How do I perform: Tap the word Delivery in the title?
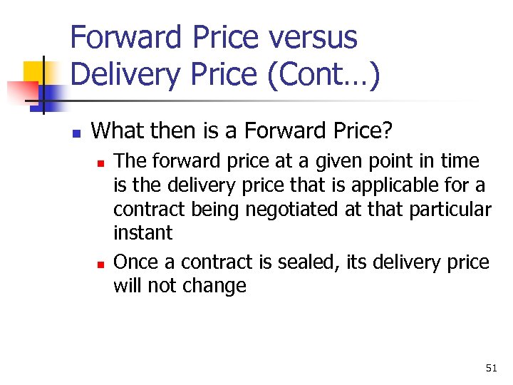121,75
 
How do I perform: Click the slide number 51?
491,368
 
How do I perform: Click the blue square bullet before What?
76,133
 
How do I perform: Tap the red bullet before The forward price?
100,163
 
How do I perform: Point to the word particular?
452,210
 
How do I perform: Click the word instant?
142,233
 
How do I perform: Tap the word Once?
137,262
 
